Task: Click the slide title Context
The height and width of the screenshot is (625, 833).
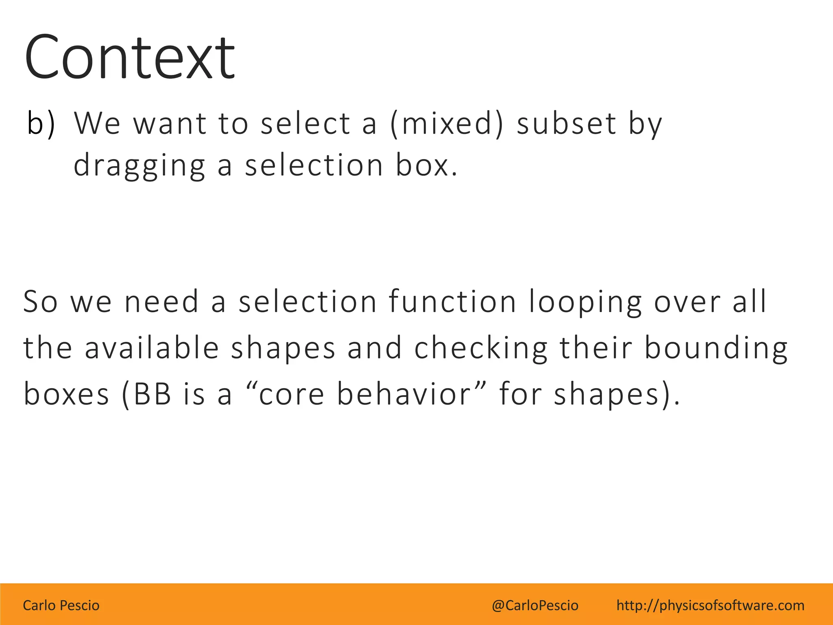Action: pyautogui.click(x=129, y=58)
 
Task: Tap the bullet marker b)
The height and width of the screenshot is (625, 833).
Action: pyautogui.click(x=41, y=123)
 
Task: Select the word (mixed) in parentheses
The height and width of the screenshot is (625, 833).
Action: pyautogui.click(x=446, y=123)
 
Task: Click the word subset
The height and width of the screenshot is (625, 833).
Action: pyautogui.click(x=566, y=123)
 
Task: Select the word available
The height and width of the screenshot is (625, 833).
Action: pyautogui.click(x=152, y=348)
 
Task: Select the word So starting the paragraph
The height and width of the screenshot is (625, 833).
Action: pyautogui.click(x=40, y=302)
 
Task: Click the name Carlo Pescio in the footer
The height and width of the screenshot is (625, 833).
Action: pyautogui.click(x=61, y=605)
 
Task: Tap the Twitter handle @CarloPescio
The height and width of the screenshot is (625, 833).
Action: pyautogui.click(x=535, y=605)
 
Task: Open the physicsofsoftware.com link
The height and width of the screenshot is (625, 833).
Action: pyautogui.click(x=710, y=605)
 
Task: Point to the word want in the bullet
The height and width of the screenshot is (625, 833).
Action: pyautogui.click(x=170, y=123)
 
